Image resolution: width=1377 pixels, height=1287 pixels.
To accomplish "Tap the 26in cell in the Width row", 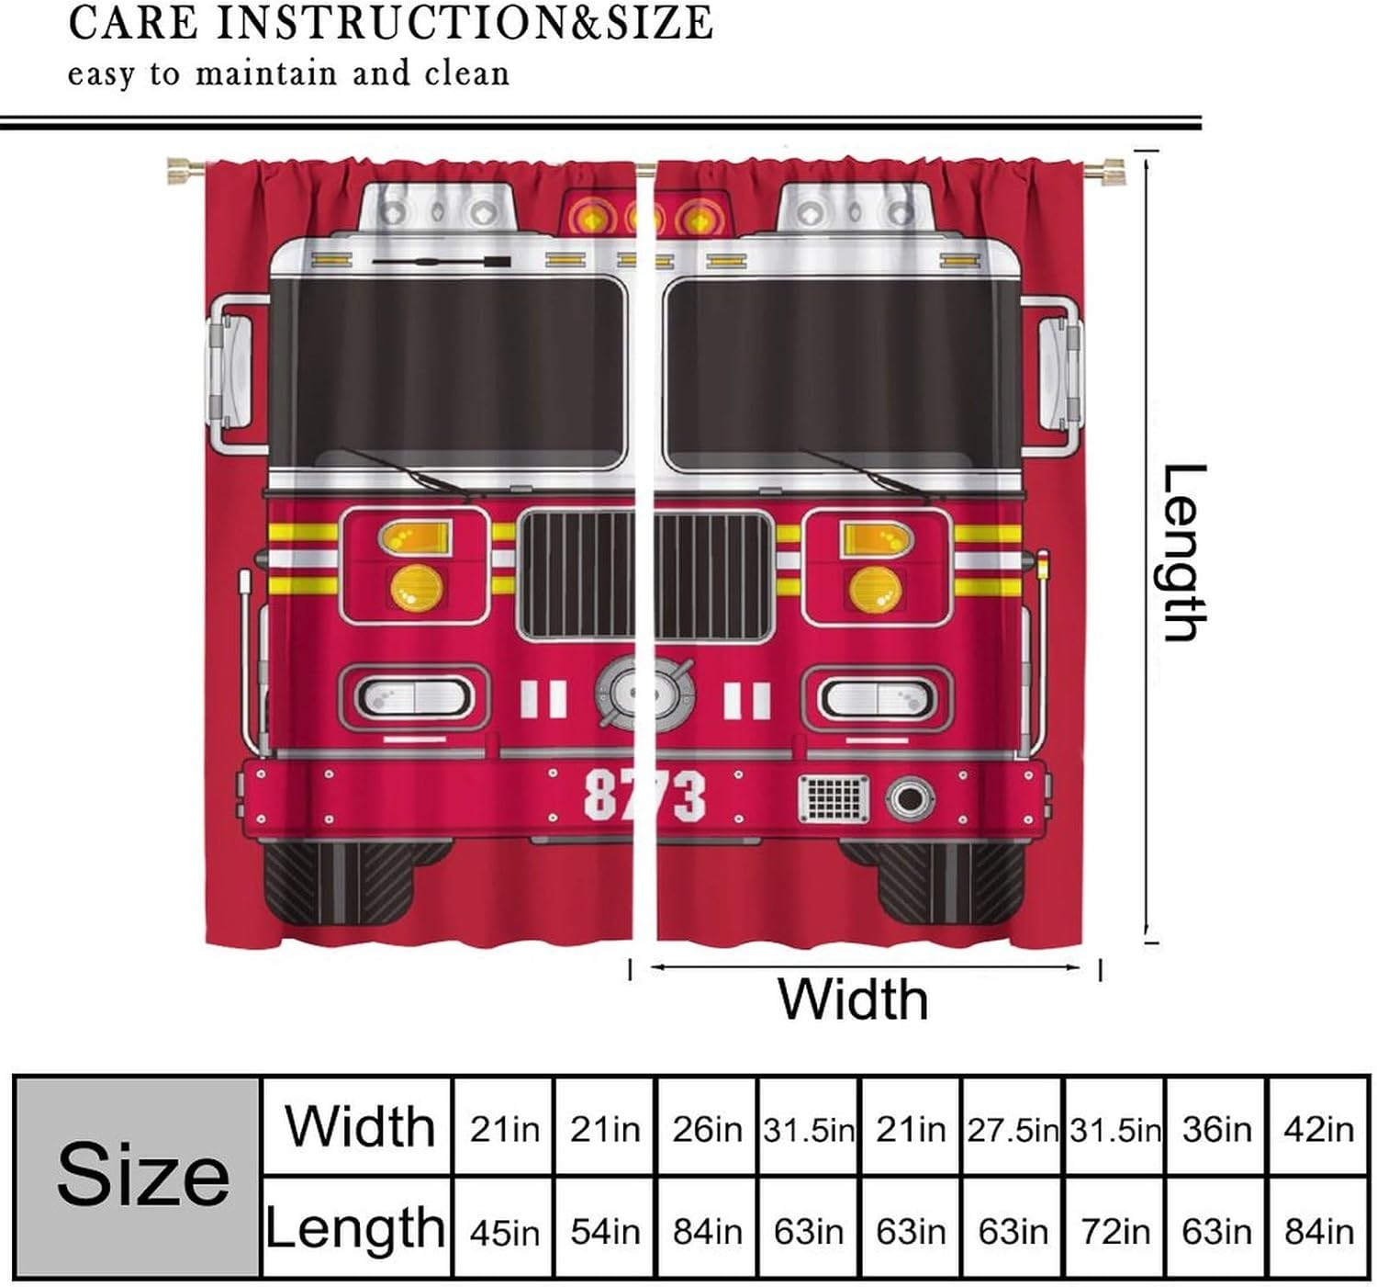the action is [706, 1129].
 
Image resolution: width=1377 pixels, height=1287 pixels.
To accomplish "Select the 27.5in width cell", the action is [1012, 1129].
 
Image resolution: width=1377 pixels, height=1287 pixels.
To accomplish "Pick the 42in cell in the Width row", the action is [1318, 1129].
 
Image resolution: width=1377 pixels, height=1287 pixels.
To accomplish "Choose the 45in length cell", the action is [504, 1231].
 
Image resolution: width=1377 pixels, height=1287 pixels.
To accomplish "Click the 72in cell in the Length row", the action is [1114, 1231].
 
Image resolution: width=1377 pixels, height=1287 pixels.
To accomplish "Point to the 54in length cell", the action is [604, 1231].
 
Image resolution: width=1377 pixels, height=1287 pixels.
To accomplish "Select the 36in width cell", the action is [1216, 1129].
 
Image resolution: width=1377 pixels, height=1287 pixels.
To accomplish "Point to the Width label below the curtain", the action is [852, 999].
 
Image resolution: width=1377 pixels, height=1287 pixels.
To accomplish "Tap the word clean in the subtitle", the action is [466, 73].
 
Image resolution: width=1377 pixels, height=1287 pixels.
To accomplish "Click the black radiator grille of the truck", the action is [644, 575].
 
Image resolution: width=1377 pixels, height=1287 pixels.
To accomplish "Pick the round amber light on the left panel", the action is [416, 588].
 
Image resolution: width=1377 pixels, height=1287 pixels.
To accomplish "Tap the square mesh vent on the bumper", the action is [833, 798].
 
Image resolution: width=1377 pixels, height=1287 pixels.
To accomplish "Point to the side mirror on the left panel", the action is [229, 373].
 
